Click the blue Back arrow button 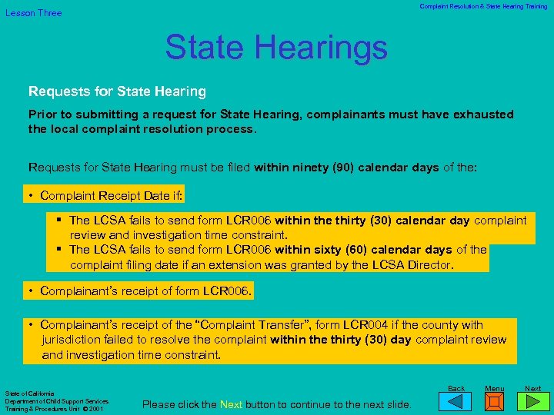click(456, 401)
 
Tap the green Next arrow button click(532, 401)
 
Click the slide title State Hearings click(276, 48)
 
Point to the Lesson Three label click(34, 13)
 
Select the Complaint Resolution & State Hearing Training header click(483, 7)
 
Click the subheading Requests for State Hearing click(117, 91)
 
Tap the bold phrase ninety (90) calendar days click(346, 168)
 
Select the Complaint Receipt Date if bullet click(112, 196)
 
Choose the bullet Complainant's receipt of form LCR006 click(145, 292)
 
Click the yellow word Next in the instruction click(231, 405)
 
